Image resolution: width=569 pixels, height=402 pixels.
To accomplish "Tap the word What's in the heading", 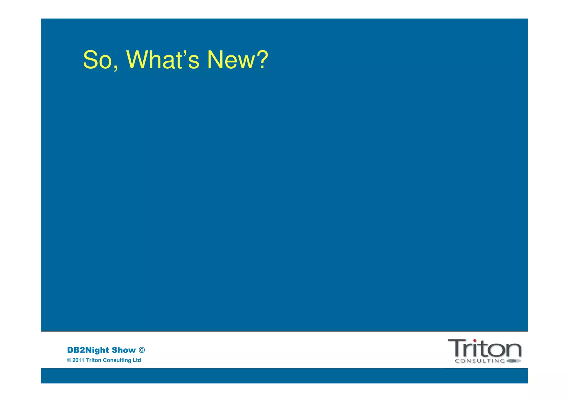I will tap(163, 60).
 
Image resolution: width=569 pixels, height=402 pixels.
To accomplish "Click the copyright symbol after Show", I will tap(142, 350).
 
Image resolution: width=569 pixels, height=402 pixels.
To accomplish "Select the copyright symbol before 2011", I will tap(69, 360).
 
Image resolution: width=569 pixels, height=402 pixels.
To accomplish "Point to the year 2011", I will tap(78, 360).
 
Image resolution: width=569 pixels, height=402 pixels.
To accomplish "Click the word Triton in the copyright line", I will tap(94, 360).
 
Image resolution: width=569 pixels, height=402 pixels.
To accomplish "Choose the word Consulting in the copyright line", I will tap(117, 360).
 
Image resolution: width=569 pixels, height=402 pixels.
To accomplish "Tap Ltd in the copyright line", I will tap(137, 360).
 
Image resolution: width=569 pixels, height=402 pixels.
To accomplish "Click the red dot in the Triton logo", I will tap(475, 341).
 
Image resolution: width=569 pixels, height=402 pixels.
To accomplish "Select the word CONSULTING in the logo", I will tap(480, 361).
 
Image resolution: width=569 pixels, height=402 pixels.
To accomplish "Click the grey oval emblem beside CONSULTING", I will tap(514, 361).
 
